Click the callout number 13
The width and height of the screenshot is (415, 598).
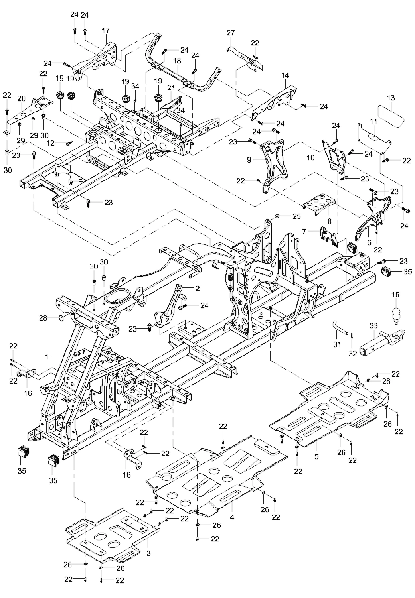click(391, 98)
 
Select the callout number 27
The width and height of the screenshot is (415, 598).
click(231, 33)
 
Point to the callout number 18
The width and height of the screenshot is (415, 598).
click(177, 61)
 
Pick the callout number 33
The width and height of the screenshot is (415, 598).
click(373, 326)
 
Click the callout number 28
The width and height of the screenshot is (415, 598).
click(43, 318)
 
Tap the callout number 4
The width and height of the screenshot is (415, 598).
click(232, 517)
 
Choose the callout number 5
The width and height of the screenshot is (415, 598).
click(316, 457)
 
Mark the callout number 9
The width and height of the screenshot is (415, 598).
click(249, 160)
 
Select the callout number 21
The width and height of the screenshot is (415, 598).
click(171, 87)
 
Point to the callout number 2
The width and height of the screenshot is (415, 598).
click(197, 288)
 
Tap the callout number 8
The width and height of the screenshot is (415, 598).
click(329, 220)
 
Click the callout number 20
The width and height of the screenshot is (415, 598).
click(21, 98)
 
